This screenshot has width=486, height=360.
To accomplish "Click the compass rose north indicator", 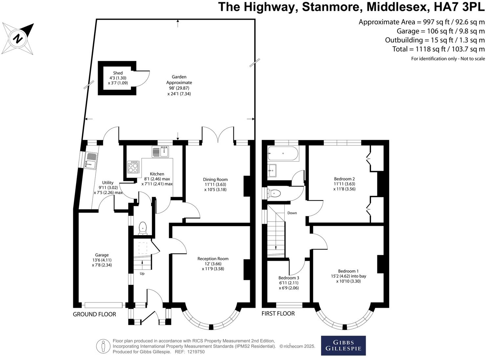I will [18, 39].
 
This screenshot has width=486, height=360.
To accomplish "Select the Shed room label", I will [118, 73].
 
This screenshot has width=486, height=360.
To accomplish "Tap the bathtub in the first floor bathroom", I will [283, 154].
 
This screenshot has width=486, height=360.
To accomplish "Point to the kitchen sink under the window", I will [160, 152].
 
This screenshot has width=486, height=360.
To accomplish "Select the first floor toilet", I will [274, 193].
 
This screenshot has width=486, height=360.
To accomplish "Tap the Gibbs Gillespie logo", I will [343, 345].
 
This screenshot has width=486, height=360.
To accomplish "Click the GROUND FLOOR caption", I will [94, 314].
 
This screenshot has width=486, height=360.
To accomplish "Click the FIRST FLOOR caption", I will [278, 314].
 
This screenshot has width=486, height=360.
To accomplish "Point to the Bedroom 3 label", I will [289, 278].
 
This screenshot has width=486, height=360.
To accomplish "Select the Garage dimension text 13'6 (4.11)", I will [102, 260].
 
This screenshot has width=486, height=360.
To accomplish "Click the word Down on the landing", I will [292, 213].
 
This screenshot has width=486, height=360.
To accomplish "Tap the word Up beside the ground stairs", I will [142, 273].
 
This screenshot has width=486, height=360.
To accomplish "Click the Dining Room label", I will [215, 179].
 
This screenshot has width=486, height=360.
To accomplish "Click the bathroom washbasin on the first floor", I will [272, 170].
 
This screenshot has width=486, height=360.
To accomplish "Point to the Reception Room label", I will [213, 259].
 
